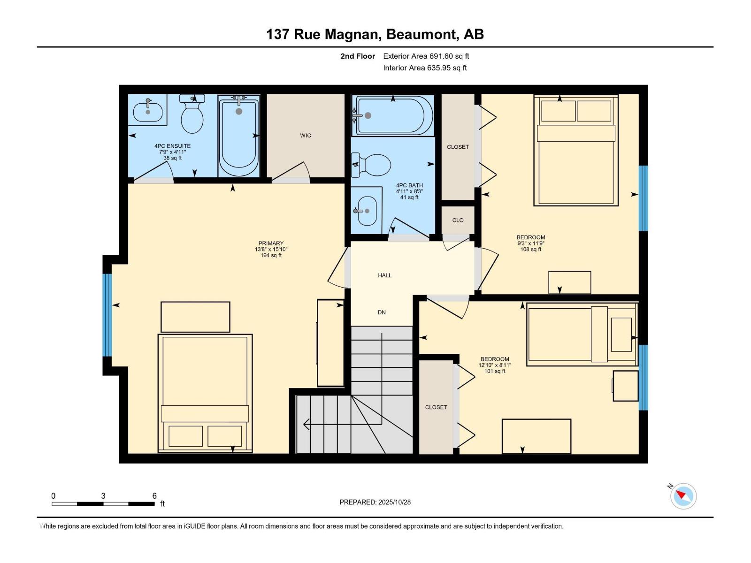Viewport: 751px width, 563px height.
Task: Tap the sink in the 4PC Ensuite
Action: pos(148,112)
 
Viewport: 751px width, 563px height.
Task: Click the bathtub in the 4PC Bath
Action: pos(393,116)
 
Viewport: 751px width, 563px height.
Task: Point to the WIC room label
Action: pos(306,136)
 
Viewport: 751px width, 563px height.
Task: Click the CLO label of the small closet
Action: pos(458,220)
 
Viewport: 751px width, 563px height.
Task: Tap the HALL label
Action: pos(384,275)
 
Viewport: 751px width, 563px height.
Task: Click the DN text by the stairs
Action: pos(382,312)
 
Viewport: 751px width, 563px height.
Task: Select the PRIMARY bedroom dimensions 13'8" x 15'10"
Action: pos(271,250)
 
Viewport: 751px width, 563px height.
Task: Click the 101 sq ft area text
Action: pos(495,371)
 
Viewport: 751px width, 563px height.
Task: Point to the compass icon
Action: pos(683,496)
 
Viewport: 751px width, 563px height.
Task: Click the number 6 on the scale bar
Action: pos(154,496)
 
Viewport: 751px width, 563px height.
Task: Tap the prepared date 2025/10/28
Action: pos(394,502)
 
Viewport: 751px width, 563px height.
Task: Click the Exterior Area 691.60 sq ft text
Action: pos(426,56)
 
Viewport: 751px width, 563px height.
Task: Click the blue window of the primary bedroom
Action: pos(107,315)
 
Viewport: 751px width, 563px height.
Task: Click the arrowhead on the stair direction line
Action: pos(307,424)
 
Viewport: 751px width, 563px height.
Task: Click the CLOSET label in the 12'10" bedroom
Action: pos(436,407)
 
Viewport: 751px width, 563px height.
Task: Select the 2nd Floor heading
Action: pos(358,56)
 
